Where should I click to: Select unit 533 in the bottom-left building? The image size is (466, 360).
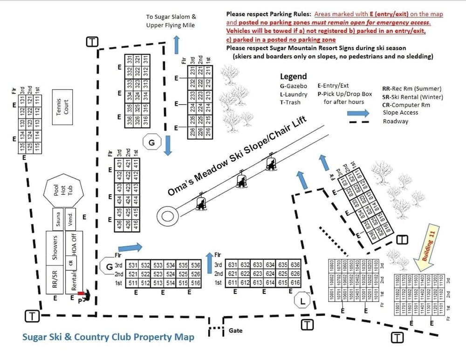(x=158, y=265)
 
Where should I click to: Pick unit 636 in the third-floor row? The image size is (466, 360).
(x=295, y=265)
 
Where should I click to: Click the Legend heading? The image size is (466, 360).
(x=293, y=76)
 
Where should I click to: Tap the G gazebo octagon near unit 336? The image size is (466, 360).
(x=151, y=143)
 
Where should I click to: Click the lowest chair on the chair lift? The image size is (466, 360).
(x=201, y=202)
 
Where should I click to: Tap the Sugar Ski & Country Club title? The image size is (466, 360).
(x=108, y=337)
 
